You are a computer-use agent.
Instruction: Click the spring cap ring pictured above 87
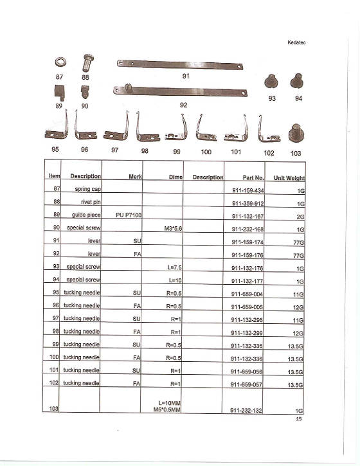point(59,63)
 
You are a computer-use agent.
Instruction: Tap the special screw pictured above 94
point(298,81)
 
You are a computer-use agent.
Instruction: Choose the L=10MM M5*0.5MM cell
point(163,405)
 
